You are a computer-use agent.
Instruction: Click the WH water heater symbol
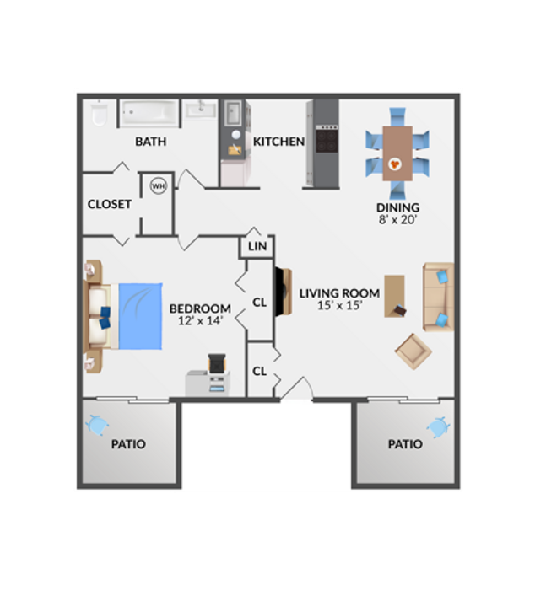click(x=159, y=185)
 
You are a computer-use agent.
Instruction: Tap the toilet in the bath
click(x=100, y=114)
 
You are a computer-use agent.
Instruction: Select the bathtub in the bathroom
click(x=149, y=112)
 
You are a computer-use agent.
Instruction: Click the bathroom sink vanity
click(x=200, y=109)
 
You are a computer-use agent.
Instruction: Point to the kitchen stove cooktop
click(x=327, y=139)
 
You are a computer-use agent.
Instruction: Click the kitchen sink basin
click(x=233, y=113)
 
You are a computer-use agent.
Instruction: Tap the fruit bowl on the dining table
click(x=395, y=164)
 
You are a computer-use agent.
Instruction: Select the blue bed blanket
click(x=141, y=316)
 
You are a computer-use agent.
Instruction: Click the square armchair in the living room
click(x=413, y=351)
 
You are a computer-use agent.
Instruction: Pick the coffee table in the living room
click(x=395, y=296)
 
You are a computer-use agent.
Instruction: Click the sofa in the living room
click(x=438, y=298)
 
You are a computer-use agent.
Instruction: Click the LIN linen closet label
click(x=257, y=246)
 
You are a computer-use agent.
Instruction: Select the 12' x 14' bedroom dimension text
click(x=201, y=320)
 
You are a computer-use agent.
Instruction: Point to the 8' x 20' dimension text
click(x=397, y=219)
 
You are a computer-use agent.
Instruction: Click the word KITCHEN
click(x=278, y=142)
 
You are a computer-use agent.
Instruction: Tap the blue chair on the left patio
click(x=97, y=425)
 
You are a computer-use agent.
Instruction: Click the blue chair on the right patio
click(x=438, y=427)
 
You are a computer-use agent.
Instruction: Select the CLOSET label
click(x=110, y=204)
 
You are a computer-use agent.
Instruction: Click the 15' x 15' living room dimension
click(x=340, y=305)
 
